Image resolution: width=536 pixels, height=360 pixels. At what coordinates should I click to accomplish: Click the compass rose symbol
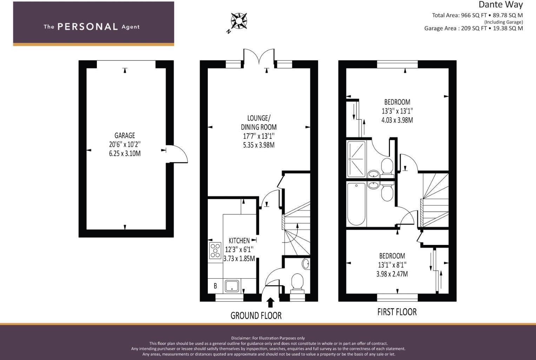(x=239, y=21)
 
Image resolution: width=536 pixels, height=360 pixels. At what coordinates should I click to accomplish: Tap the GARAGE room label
(x=125, y=136)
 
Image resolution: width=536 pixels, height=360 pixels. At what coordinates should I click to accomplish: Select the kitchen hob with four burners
(x=215, y=251)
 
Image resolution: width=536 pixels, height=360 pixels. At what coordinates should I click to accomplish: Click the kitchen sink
(x=232, y=286)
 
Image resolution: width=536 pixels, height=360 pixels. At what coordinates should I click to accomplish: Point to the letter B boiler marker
(x=216, y=286)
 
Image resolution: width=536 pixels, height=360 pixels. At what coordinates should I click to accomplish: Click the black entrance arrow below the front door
(x=270, y=302)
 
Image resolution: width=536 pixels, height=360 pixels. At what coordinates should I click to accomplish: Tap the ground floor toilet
(x=297, y=284)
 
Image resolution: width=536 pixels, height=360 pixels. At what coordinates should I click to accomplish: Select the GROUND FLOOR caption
(x=256, y=316)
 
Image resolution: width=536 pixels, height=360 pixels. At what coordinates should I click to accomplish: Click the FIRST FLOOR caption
(x=397, y=312)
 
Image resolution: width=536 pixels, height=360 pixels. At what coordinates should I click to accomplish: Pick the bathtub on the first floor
(x=356, y=204)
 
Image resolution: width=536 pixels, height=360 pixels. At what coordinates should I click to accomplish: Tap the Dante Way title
(x=501, y=5)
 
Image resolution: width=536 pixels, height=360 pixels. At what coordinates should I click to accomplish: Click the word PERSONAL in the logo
(x=88, y=27)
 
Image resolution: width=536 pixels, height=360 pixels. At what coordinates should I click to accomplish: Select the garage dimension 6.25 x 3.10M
(x=125, y=154)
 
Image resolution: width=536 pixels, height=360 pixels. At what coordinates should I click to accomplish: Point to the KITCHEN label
(x=239, y=241)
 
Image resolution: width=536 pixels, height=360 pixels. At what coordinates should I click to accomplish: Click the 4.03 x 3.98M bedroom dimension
(x=397, y=120)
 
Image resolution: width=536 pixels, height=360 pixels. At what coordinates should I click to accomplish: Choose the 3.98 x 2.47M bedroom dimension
(x=392, y=274)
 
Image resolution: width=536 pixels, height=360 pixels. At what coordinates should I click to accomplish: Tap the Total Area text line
(x=477, y=15)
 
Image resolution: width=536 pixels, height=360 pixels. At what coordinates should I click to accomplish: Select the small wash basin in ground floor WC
(x=306, y=264)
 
